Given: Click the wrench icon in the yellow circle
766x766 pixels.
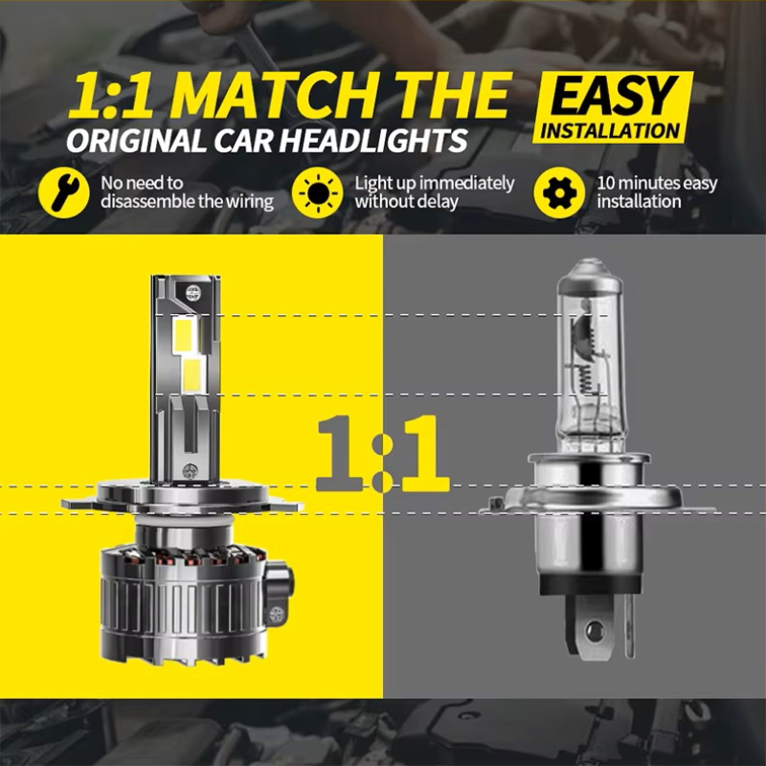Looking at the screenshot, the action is [64, 192].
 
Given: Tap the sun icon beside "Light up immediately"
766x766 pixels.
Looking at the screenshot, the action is [318, 193].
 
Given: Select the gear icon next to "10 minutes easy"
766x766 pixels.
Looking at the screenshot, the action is [559, 192].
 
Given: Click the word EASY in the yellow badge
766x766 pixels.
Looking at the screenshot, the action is [614, 98].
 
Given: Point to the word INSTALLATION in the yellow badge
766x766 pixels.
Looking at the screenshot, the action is [610, 130].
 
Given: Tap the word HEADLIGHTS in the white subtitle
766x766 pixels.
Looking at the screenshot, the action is [373, 141].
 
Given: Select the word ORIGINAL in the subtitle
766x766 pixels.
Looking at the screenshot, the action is [136, 141].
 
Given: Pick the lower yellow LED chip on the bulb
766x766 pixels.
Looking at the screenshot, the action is [193, 375].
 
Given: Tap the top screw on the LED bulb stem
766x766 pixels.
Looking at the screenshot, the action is [193, 292].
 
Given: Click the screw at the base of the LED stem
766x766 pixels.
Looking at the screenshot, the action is [190, 471].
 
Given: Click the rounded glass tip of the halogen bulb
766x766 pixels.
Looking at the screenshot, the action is [591, 270].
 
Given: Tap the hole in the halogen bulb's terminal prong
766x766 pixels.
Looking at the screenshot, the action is [594, 631].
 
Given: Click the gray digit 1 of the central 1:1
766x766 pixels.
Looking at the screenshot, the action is [339, 453].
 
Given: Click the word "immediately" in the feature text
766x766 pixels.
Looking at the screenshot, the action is [466, 184].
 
